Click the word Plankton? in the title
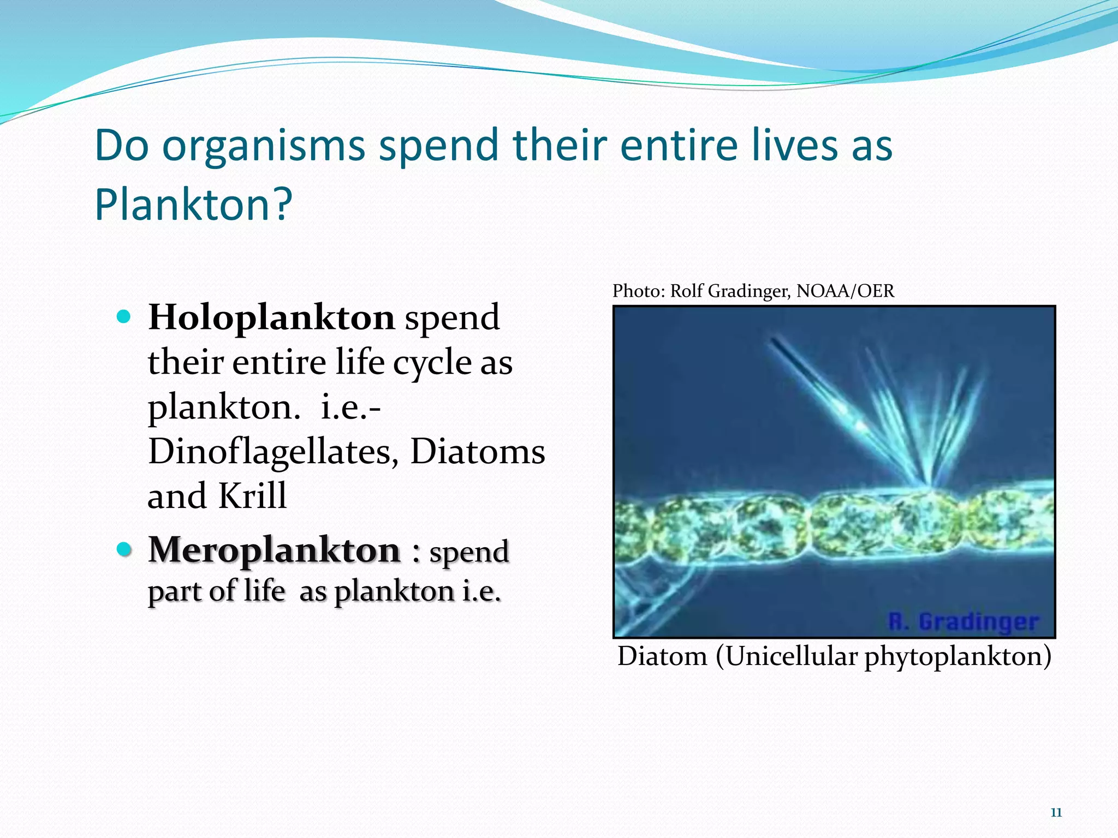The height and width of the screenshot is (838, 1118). (x=194, y=204)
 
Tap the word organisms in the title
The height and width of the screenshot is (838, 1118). (x=264, y=146)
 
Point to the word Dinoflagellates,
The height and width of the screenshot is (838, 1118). (x=273, y=452)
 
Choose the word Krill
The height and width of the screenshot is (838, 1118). (x=252, y=496)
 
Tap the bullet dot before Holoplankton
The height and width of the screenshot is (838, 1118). (x=124, y=316)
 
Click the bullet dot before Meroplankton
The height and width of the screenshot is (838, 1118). (x=124, y=549)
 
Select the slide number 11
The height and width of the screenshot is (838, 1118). (x=1056, y=812)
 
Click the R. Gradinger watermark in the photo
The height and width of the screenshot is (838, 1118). (x=963, y=621)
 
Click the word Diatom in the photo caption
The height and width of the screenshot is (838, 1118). (x=662, y=656)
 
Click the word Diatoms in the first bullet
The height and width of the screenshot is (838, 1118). (x=478, y=452)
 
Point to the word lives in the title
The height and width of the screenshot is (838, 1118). (x=794, y=146)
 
